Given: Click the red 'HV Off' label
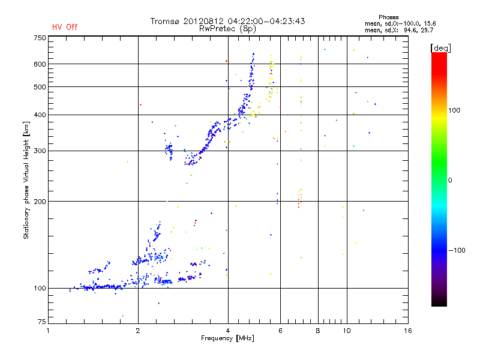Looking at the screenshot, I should pos(64,27).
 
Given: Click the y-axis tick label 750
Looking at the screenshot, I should pos(40,38).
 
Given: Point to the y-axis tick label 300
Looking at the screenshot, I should pos(40,151).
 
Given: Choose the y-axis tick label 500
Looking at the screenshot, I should pos(40,86).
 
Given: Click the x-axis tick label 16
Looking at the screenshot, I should pos(407,331).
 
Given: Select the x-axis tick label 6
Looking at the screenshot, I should pos(280,331).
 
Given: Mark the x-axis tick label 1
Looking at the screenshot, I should pos(48,331).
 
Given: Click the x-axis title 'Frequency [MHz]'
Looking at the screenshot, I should pos(228,339).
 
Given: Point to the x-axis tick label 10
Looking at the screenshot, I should pos(347,331).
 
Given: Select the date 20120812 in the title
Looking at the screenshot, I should pos(203,21).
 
